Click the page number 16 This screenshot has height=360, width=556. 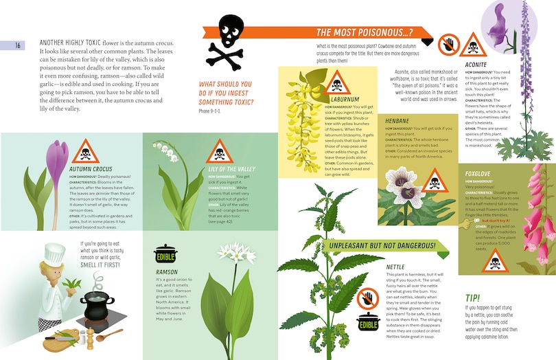(19, 45)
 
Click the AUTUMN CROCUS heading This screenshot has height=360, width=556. (91, 169)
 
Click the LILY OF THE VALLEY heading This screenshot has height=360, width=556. (232, 169)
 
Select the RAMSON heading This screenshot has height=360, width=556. (167, 272)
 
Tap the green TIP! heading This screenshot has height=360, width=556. (474, 298)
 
